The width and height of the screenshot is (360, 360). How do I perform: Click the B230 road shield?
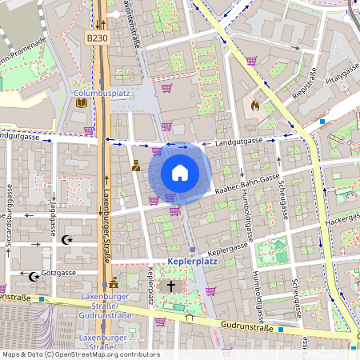point(97,38)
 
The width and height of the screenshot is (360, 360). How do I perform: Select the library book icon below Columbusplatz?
point(81,102)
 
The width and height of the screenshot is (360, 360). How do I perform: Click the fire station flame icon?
point(254,104)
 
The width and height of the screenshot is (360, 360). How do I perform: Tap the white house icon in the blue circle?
point(180,172)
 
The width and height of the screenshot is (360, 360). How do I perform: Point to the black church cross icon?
point(170,285)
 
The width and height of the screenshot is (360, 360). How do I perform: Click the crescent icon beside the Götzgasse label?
point(34,277)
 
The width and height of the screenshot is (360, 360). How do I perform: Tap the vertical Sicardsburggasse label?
point(12,217)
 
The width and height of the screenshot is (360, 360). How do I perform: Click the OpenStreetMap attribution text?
point(80,354)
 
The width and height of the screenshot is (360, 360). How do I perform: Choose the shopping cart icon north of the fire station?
point(251,60)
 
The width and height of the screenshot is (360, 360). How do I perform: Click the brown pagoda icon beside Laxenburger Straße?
point(114,282)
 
